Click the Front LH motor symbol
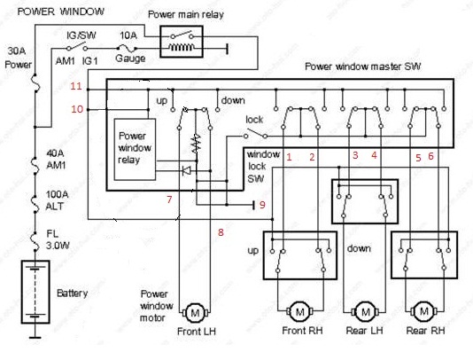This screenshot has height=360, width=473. click(x=196, y=313)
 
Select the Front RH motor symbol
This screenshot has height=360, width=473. click(x=300, y=311)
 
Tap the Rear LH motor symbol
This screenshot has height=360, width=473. click(x=365, y=311)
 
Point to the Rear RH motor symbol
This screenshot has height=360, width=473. click(x=424, y=310)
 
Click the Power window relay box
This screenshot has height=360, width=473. click(x=135, y=150)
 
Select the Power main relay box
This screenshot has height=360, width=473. click(x=182, y=42)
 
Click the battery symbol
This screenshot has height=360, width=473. click(x=35, y=292)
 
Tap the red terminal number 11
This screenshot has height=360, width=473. click(x=76, y=86)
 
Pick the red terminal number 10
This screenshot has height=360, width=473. click(x=77, y=109)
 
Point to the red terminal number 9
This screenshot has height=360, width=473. click(x=262, y=205)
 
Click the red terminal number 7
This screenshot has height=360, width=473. click(x=169, y=200)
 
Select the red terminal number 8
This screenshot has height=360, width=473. click(x=221, y=232)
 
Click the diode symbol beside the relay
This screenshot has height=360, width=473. click(x=186, y=171)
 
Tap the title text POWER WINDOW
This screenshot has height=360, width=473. click(x=60, y=12)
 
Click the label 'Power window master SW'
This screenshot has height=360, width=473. click(x=362, y=67)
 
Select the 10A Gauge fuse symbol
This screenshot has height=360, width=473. click(x=127, y=48)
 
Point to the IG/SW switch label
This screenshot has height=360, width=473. click(x=81, y=35)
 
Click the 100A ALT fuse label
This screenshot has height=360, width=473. click(x=57, y=200)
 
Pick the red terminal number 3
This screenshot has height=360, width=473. click(x=355, y=155)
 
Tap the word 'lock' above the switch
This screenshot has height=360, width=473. click(x=254, y=120)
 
